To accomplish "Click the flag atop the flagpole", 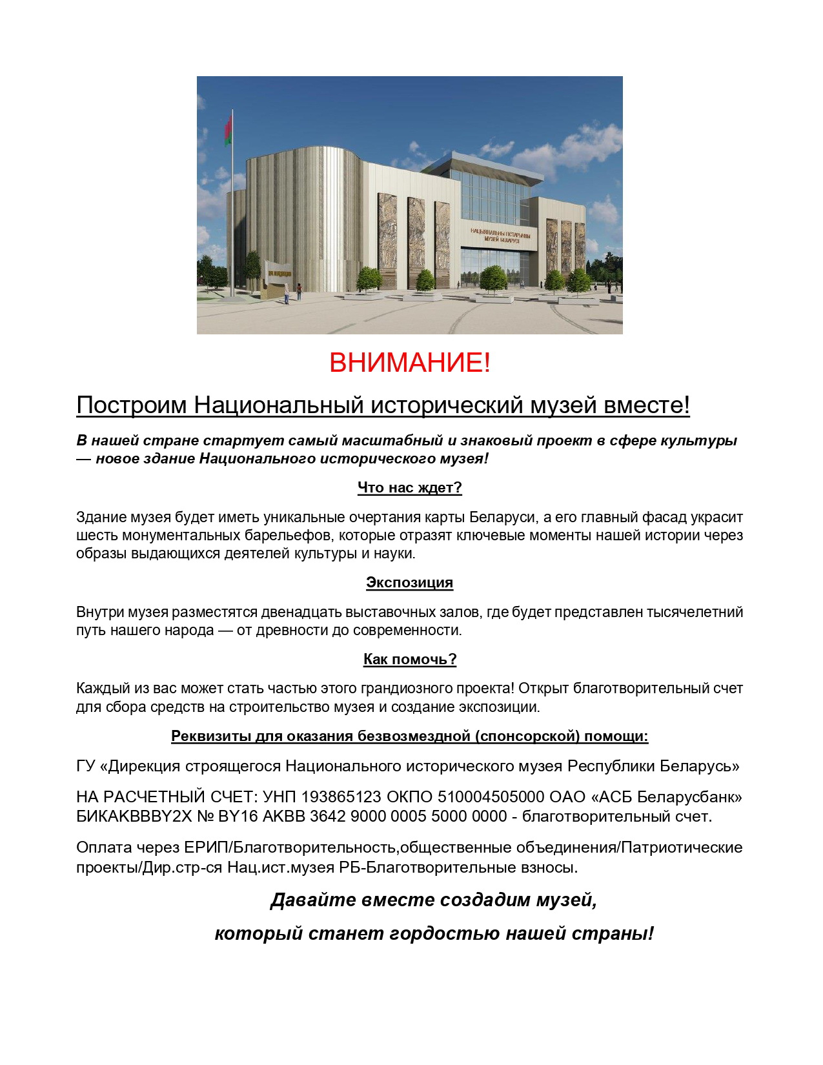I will click(x=227, y=129).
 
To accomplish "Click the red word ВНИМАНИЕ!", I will click(x=410, y=363).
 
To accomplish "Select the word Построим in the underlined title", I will click(x=132, y=405).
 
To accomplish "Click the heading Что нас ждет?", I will click(x=410, y=488).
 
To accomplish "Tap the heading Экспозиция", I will click(x=410, y=583).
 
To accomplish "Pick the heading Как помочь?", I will click(x=410, y=659).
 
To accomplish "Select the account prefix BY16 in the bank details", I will click(x=238, y=817).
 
